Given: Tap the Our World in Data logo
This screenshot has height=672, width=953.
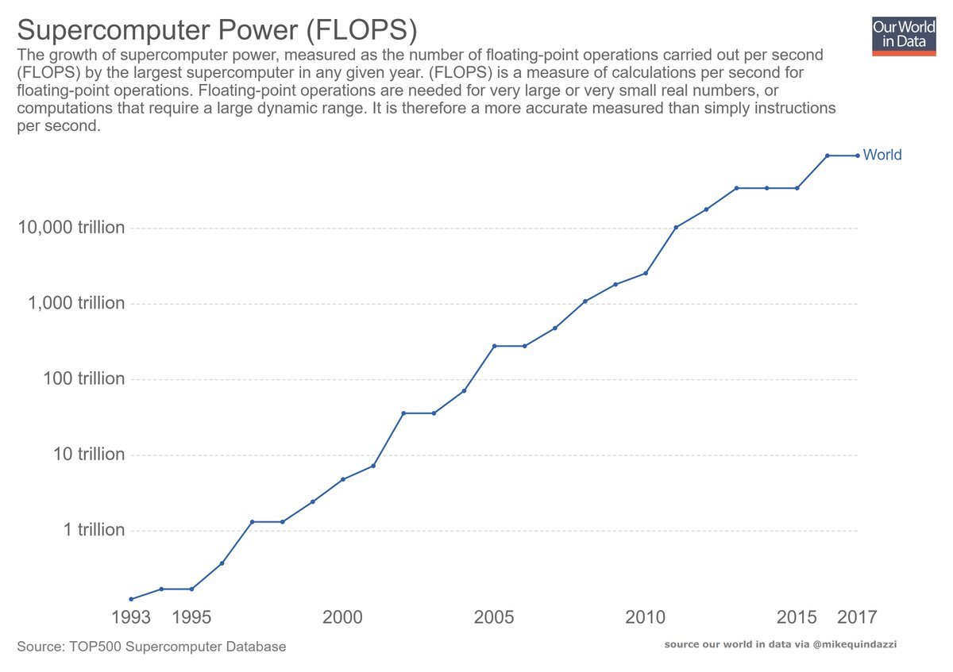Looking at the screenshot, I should tap(904, 36).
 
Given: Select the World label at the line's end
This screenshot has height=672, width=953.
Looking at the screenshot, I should tap(882, 156).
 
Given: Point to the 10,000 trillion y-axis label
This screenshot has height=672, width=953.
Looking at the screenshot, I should tap(71, 228).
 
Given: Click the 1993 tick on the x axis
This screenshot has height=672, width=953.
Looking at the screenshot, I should tap(130, 616).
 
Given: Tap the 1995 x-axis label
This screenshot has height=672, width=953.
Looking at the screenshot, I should tap(191, 616).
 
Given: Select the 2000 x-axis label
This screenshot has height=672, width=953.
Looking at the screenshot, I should tap(342, 616).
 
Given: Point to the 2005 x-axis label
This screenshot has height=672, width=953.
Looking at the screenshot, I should tap(494, 616).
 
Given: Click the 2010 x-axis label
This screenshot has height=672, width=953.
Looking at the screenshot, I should tap(645, 616).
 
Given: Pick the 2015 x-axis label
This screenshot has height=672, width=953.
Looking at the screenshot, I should tap(797, 616).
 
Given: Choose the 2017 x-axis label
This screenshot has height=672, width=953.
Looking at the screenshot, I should tap(858, 616).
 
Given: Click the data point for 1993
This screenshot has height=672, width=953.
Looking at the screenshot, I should tap(130, 599).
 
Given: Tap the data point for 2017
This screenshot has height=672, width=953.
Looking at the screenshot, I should tap(858, 156).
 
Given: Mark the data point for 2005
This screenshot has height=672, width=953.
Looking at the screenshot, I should tap(494, 346).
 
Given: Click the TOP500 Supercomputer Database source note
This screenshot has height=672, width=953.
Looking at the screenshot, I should tap(151, 647).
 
